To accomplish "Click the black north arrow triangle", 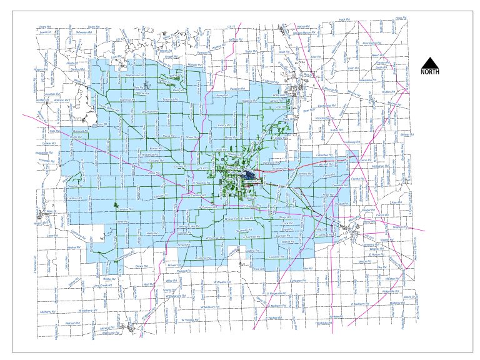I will coord(429,62).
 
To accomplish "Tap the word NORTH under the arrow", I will coord(429,72).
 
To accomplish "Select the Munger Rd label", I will coord(196,64).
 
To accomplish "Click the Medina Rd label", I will coord(74,247).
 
